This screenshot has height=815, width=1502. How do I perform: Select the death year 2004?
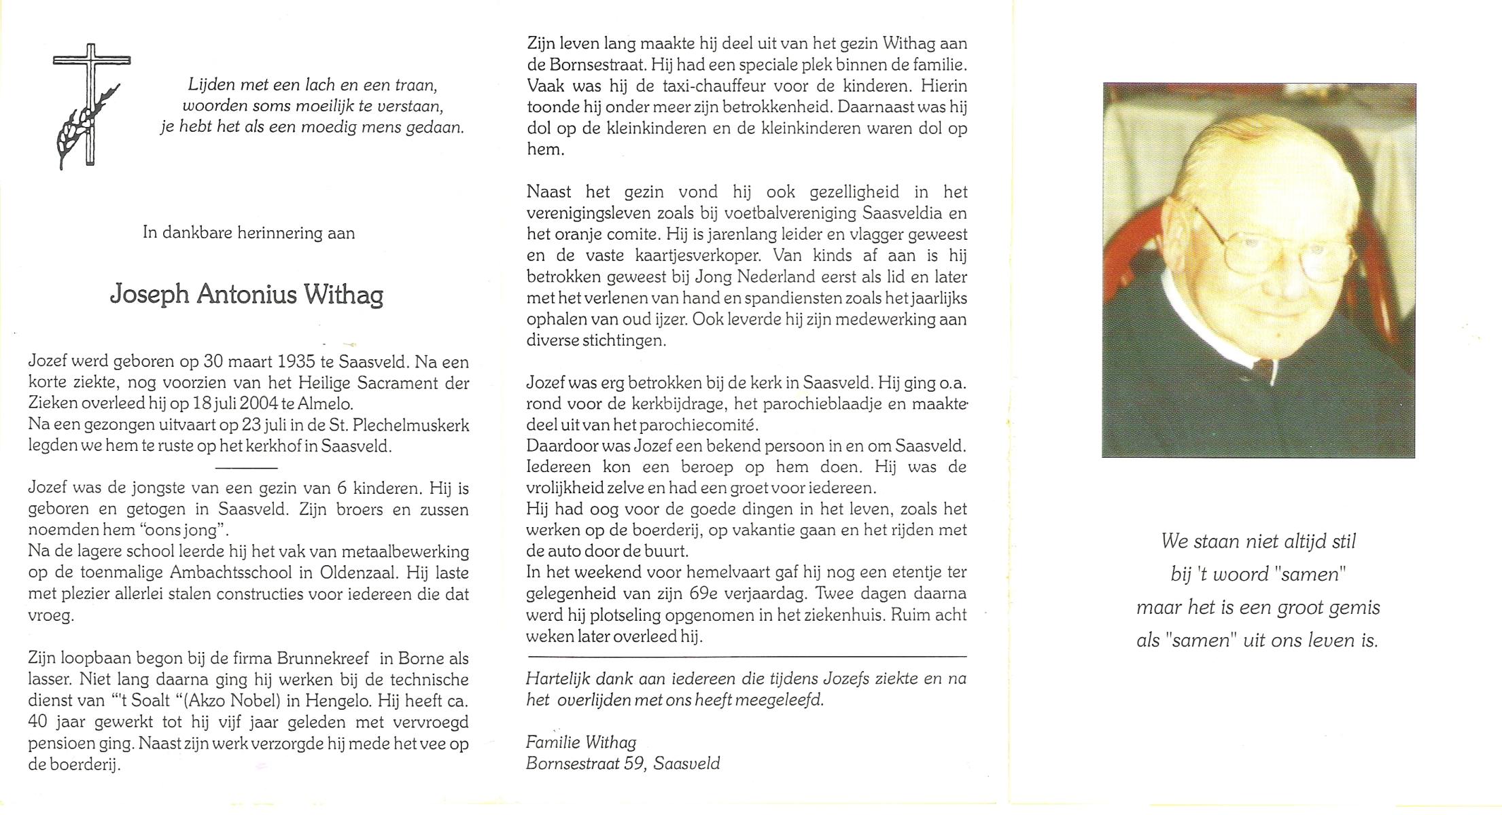pyautogui.click(x=258, y=404)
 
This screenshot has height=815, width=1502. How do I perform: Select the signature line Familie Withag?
pyautogui.click(x=581, y=742)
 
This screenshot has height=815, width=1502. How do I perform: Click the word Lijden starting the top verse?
pyautogui.click(x=211, y=86)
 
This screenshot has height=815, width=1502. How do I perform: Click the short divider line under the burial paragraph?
pyautogui.click(x=246, y=468)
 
